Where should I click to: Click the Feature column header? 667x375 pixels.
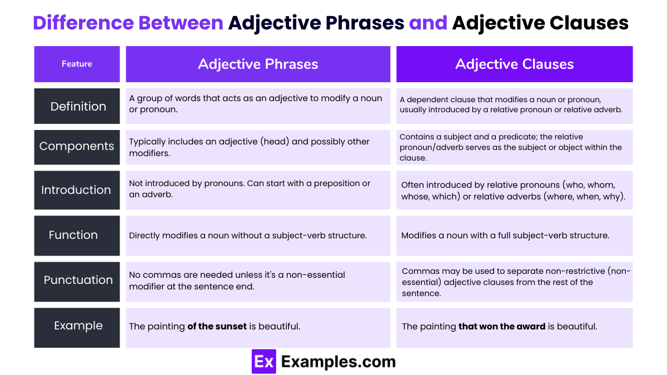click(x=77, y=64)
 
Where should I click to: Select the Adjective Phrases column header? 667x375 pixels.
click(x=258, y=64)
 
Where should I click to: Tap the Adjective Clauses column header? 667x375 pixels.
click(x=514, y=64)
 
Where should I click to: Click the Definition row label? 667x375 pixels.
click(x=78, y=106)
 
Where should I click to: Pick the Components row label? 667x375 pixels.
click(x=77, y=147)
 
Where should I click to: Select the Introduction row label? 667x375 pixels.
click(x=76, y=190)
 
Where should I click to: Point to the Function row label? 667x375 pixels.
click(x=73, y=235)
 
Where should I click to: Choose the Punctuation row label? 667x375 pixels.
click(x=78, y=280)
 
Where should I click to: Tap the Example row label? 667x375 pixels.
click(x=78, y=326)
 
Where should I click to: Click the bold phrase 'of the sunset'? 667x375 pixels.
click(x=217, y=327)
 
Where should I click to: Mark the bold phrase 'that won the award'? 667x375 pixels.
click(x=501, y=327)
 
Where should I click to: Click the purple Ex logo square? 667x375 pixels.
click(x=263, y=362)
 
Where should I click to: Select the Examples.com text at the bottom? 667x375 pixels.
click(x=338, y=362)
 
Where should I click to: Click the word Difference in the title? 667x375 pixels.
click(x=83, y=23)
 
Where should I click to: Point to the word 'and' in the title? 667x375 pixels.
click(x=428, y=23)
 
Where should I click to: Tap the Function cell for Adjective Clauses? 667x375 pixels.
click(x=514, y=236)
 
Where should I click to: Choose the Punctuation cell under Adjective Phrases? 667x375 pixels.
click(x=258, y=281)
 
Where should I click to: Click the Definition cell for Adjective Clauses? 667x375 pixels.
click(x=514, y=105)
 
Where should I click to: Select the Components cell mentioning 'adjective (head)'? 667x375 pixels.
click(x=258, y=147)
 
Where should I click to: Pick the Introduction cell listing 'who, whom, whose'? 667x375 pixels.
click(x=514, y=191)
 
